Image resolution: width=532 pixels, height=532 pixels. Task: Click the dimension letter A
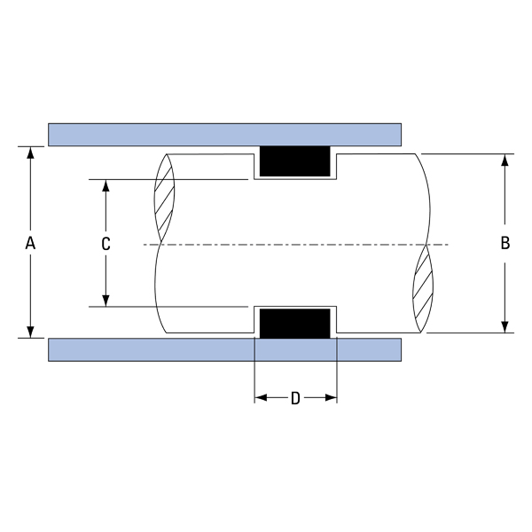click(30, 242)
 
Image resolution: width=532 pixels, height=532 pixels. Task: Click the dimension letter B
click(505, 243)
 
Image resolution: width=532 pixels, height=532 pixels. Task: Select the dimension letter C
click(106, 244)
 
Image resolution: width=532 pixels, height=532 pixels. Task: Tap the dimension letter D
click(295, 398)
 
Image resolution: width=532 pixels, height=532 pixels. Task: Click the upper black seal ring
click(294, 162)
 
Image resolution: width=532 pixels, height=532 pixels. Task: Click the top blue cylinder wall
click(224, 134)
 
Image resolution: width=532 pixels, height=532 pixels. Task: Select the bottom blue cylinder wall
click(224, 348)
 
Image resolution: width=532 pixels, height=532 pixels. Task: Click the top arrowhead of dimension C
click(106, 187)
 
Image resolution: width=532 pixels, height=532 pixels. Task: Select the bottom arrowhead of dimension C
click(106, 301)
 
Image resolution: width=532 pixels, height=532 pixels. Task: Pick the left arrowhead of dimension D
click(261, 398)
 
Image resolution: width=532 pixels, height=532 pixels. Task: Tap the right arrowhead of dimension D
click(332, 398)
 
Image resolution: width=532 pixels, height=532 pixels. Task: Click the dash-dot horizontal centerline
click(293, 244)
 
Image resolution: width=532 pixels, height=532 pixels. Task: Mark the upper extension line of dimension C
click(168, 180)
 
